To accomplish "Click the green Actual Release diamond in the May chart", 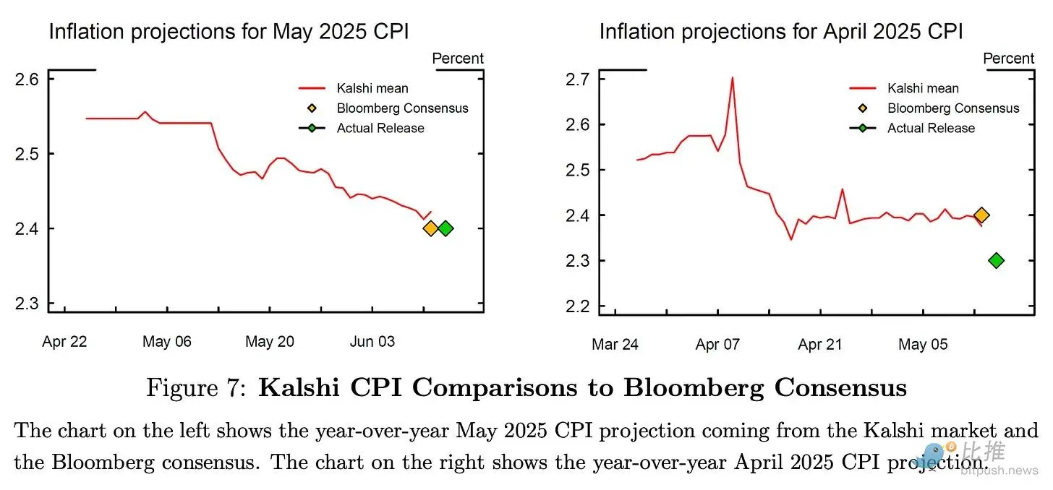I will coord(445,228).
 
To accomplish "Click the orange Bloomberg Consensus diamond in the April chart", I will coord(981,215).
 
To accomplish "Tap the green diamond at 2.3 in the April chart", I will coord(996,260).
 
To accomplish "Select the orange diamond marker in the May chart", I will coord(430,228).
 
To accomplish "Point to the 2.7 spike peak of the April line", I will coord(732,78).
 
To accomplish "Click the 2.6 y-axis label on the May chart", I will coord(27,79).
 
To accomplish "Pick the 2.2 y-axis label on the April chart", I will coord(578,306).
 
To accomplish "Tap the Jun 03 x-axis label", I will coord(372,342).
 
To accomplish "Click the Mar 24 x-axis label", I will coord(615,344).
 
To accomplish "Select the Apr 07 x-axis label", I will coord(717,344).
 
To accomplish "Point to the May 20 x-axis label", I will coord(269,342).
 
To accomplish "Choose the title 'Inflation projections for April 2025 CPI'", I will coord(781,32).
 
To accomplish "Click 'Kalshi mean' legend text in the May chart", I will coord(372,89).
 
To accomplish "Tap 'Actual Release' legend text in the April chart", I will coord(931,128).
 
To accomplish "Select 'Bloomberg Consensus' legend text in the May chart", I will coord(402,108).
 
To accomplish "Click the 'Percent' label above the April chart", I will coord(1009,59).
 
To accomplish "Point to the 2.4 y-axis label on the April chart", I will coord(578,215).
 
